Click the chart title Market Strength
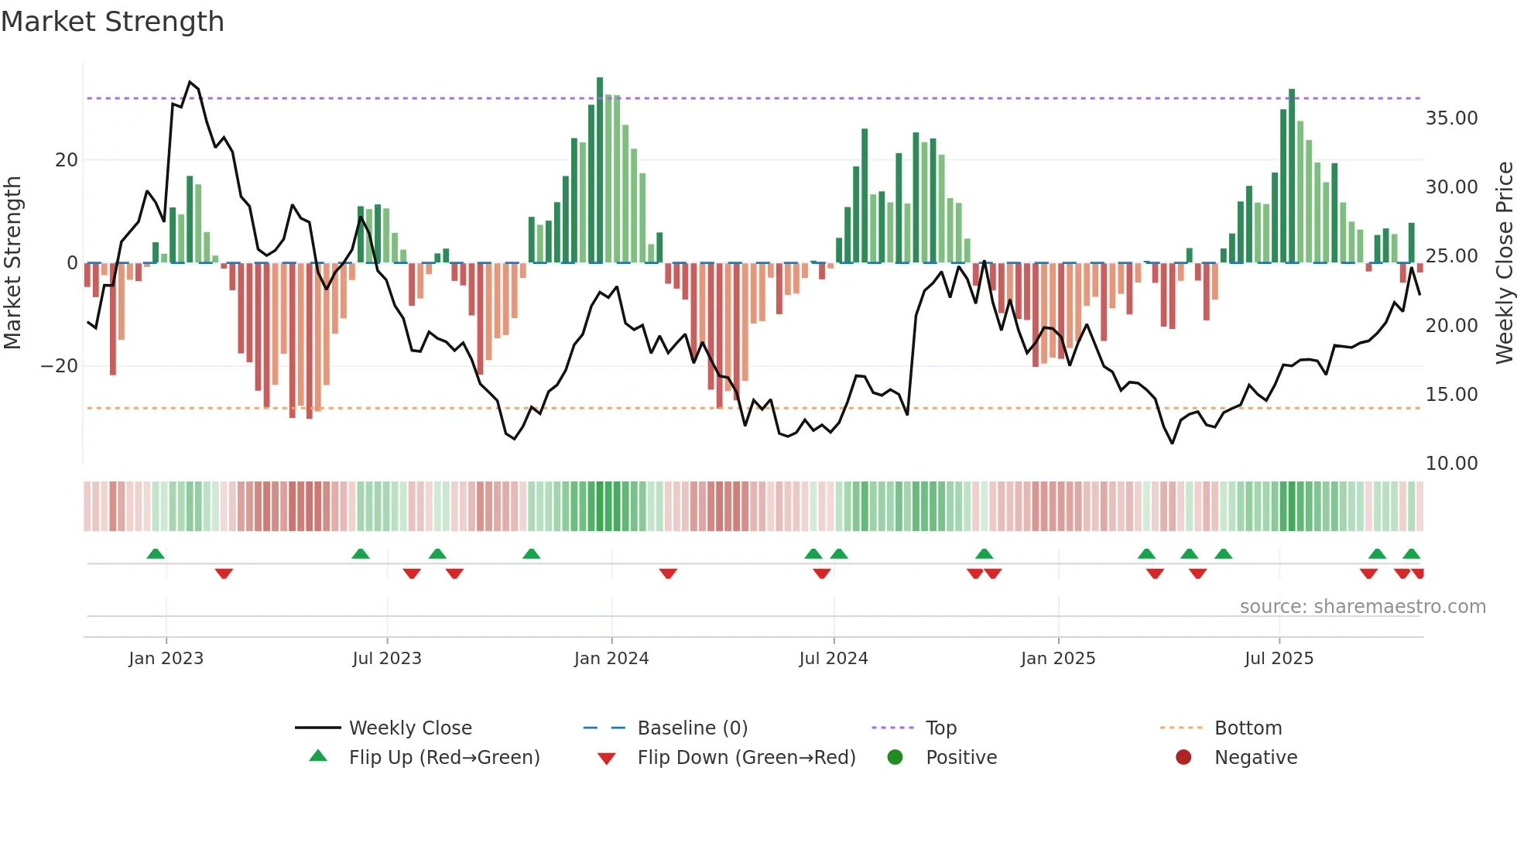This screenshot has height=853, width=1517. point(112,22)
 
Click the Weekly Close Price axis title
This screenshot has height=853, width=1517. point(1504,262)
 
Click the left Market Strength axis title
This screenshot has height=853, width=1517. point(12,262)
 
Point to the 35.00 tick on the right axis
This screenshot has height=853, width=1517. point(1451,118)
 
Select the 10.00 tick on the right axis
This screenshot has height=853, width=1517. point(1451,464)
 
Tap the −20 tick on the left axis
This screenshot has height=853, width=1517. point(60,366)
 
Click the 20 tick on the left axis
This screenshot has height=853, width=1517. point(67,160)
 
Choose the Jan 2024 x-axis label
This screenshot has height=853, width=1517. point(611,659)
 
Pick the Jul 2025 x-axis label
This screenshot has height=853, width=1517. point(1279,659)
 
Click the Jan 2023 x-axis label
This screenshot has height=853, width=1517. point(166,659)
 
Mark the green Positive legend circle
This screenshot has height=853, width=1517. point(895,758)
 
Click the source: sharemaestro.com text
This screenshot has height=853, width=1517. point(1362,607)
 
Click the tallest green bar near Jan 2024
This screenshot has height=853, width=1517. point(600,170)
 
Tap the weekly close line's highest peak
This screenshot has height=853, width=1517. point(190,82)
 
